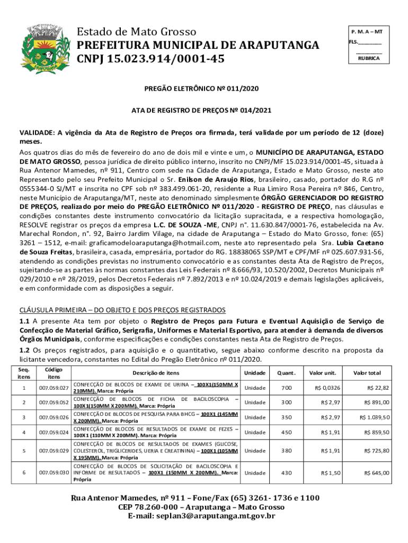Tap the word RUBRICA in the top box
click(x=369, y=58)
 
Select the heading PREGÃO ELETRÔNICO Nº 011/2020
click(x=203, y=89)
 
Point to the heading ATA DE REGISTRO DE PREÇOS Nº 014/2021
click(x=203, y=110)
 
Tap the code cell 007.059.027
click(x=54, y=388)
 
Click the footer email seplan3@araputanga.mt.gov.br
click(x=204, y=515)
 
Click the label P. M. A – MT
click(x=369, y=32)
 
